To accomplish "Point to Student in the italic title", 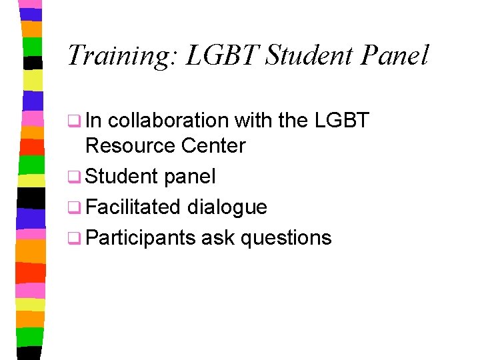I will pos(309,55).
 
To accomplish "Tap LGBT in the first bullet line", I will pos(343,121).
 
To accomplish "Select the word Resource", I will pos(126,145).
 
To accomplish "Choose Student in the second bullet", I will pos(121,177).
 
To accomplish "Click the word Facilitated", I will pos(133,207).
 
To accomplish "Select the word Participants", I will pos(141,238).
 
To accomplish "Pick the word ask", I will pos(217,238).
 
